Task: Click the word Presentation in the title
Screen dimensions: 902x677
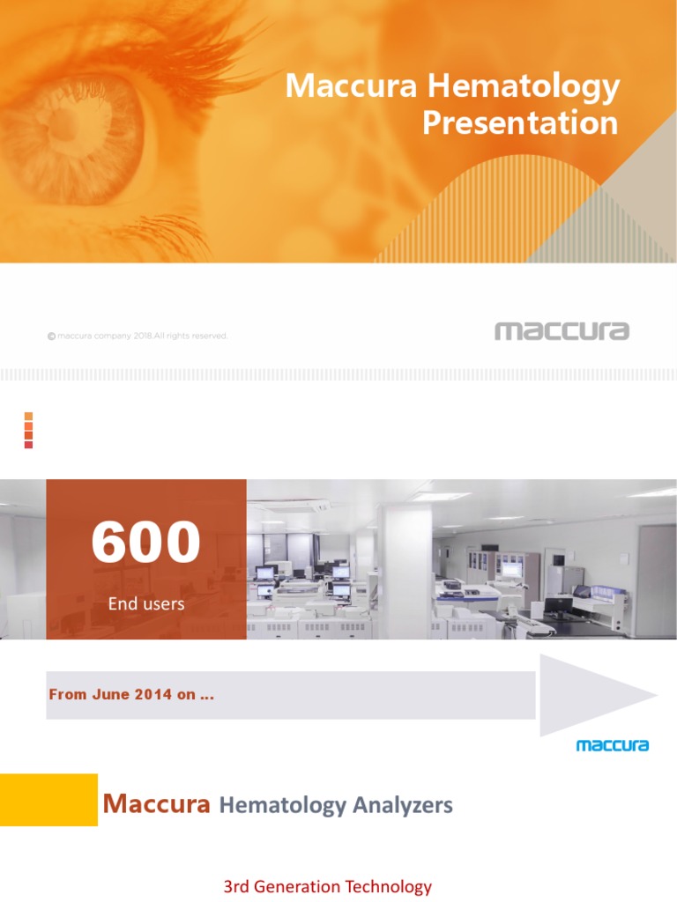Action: (520, 122)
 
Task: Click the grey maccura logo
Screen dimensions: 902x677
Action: (562, 331)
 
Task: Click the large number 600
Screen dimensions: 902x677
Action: (145, 543)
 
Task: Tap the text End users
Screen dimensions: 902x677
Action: (145, 604)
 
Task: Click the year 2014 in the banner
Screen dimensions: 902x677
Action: (154, 695)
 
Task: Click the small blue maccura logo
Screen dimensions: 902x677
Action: (612, 746)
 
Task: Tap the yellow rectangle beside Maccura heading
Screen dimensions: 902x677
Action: (48, 800)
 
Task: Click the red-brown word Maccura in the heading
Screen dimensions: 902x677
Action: (156, 803)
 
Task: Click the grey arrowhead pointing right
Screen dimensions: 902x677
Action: (595, 695)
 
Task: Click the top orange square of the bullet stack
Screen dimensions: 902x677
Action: (28, 416)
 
